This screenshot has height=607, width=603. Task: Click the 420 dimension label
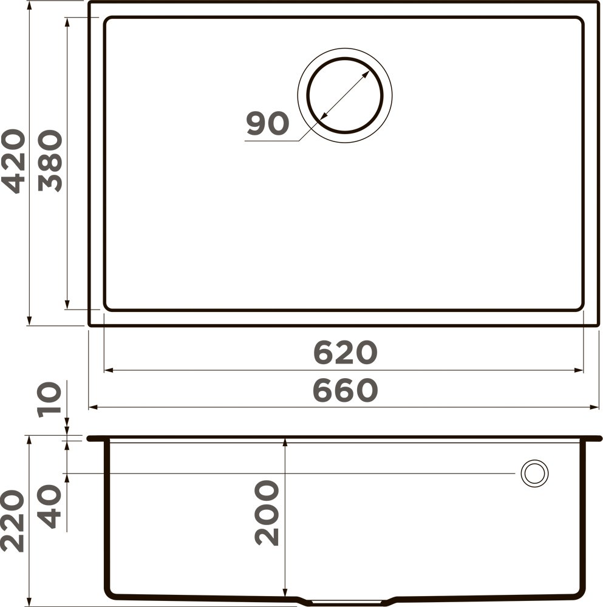tap(13, 161)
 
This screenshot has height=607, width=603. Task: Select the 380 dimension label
tap(50, 161)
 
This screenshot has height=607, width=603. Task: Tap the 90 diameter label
tap(267, 124)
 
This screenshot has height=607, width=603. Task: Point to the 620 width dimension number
tap(345, 353)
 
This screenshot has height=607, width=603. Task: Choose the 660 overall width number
tap(345, 391)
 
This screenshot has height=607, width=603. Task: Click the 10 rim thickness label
tap(50, 399)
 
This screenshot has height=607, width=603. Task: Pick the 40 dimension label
tap(50, 506)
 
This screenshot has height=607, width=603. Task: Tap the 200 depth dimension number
tap(267, 512)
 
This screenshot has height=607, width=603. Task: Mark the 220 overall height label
tap(13, 522)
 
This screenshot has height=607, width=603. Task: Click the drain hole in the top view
tap(344, 95)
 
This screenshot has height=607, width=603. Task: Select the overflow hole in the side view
tap(534, 472)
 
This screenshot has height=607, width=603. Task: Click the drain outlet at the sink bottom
tap(344, 602)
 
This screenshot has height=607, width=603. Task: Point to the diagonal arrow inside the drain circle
tap(344, 95)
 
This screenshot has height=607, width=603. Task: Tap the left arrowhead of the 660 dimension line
tap(93, 407)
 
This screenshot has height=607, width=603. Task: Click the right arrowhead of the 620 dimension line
tap(579, 370)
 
